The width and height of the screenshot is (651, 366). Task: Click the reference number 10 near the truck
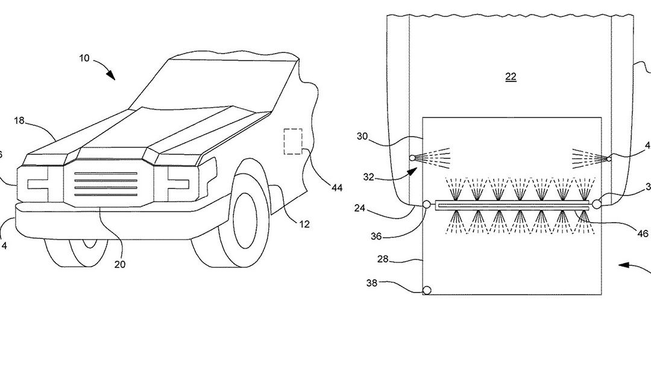coord(84,58)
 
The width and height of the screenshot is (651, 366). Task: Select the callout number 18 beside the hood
coord(19,121)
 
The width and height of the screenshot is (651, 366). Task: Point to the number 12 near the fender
coord(304,224)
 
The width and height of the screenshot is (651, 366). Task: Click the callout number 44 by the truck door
coord(337,188)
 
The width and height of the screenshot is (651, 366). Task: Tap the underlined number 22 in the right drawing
coord(511,77)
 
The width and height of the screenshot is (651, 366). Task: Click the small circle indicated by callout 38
coord(427,290)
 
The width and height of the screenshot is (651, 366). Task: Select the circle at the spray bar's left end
coord(427,205)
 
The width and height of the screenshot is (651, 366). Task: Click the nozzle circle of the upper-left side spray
coord(412,158)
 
